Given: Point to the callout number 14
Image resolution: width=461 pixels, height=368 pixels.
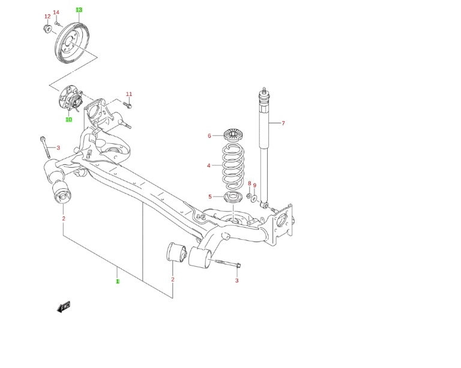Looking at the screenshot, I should [x=56, y=13].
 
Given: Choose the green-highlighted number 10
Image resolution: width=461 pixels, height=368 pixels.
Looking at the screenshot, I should [x=69, y=120].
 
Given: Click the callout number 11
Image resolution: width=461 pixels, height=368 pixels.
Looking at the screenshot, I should [x=129, y=94].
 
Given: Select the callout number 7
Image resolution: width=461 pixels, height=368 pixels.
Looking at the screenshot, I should [x=283, y=123].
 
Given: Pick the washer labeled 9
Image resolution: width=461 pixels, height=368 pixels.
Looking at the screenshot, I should [x=255, y=198].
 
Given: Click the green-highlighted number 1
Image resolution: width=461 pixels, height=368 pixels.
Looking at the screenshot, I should [x=118, y=280].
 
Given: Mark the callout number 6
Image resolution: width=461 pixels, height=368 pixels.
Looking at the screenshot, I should [x=209, y=136].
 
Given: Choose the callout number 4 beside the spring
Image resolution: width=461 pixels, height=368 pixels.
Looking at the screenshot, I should [x=209, y=165].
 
